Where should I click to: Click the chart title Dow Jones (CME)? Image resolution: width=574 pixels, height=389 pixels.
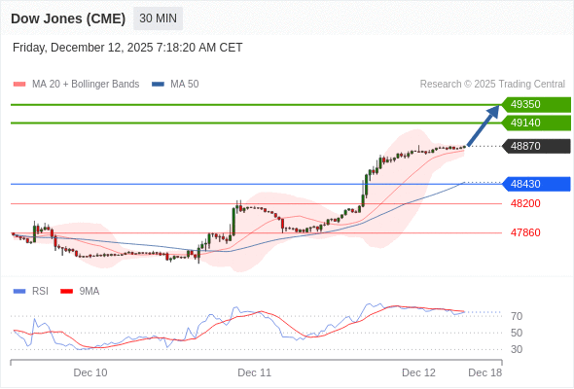pyautogui.click(x=67, y=18)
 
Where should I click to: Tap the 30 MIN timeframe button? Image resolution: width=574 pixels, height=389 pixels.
pyautogui.click(x=158, y=18)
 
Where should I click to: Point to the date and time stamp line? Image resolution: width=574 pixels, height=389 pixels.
pyautogui.click(x=127, y=48)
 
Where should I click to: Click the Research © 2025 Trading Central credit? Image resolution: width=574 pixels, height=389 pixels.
pyautogui.click(x=492, y=84)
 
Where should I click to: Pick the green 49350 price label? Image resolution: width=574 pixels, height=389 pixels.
pyautogui.click(x=534, y=104)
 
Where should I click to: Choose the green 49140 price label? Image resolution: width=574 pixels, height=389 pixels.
pyautogui.click(x=534, y=123)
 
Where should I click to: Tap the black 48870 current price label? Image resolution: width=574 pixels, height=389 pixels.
pyautogui.click(x=534, y=146)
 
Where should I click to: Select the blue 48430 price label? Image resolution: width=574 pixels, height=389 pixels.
pyautogui.click(x=534, y=184)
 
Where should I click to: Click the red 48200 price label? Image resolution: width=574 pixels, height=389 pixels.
pyautogui.click(x=525, y=203)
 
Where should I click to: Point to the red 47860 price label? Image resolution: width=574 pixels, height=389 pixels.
pyautogui.click(x=525, y=232)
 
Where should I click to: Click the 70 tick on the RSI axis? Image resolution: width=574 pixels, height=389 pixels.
pyautogui.click(x=517, y=316)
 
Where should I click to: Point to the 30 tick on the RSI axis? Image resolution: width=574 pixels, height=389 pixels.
pyautogui.click(x=517, y=349)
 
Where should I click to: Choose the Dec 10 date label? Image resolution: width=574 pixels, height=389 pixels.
pyautogui.click(x=90, y=372)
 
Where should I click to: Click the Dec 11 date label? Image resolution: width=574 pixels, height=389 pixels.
pyautogui.click(x=254, y=372)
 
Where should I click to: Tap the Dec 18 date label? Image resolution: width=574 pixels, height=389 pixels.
pyautogui.click(x=484, y=372)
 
